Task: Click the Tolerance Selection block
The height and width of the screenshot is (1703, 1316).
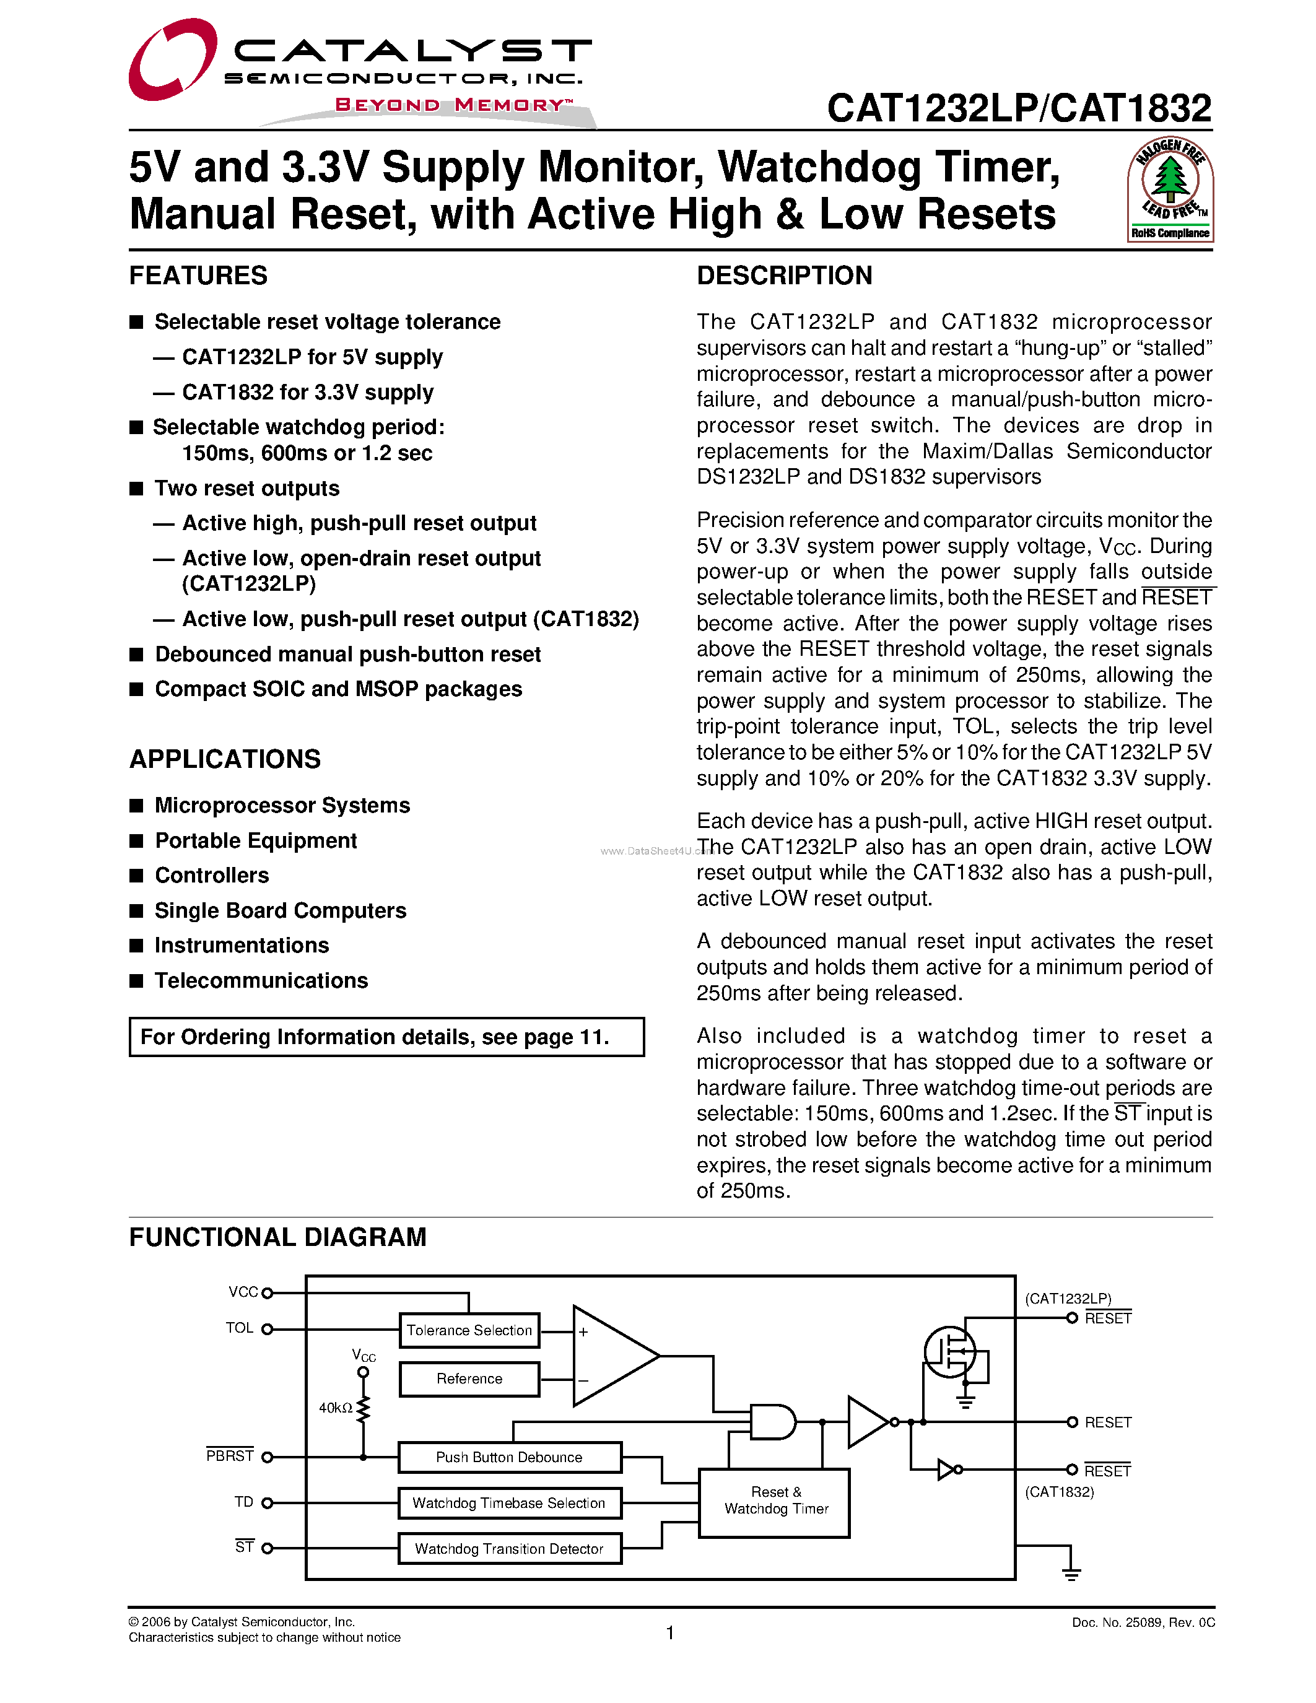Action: click(469, 1330)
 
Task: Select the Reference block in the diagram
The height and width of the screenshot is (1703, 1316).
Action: click(469, 1379)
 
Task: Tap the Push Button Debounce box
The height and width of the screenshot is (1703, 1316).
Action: click(509, 1457)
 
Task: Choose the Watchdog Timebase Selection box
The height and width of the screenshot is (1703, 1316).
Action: click(509, 1502)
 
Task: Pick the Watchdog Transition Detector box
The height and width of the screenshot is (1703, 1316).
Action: click(509, 1549)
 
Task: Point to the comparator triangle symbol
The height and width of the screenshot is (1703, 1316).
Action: click(612, 1355)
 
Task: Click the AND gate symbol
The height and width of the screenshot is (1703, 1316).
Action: click(772, 1421)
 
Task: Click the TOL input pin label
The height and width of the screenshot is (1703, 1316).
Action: click(239, 1328)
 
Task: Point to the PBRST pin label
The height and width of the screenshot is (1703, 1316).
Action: click(230, 1456)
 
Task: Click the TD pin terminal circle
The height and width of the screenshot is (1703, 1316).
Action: click(268, 1502)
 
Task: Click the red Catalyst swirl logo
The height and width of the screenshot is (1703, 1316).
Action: click(172, 60)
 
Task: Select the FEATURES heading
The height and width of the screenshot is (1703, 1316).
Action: click(198, 275)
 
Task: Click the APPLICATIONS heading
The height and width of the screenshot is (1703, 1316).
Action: click(225, 759)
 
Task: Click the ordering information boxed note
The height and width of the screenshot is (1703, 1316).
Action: click(386, 1037)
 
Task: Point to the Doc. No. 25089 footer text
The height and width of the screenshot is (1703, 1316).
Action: click(1143, 1622)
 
